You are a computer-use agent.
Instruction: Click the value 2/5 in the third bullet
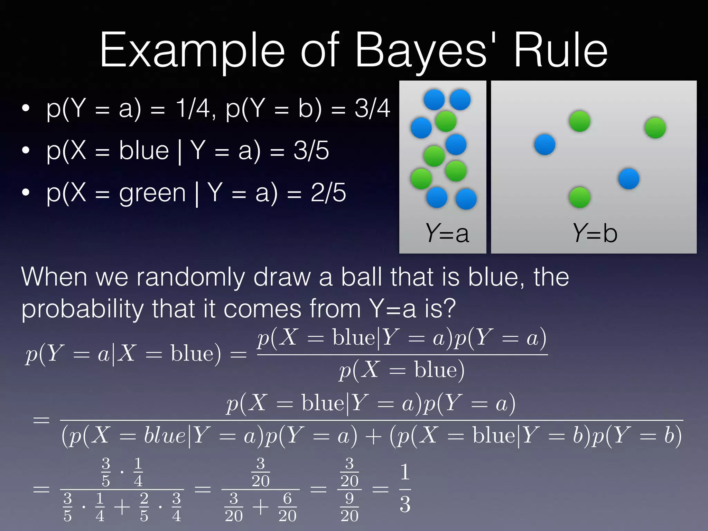tap(328, 193)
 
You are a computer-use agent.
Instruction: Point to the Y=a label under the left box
tap(447, 233)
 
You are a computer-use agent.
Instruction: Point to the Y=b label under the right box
tap(595, 233)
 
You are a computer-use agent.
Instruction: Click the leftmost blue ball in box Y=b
tap(544, 145)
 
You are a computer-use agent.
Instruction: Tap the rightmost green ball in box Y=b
tap(655, 128)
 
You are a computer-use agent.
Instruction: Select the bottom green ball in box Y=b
tap(579, 197)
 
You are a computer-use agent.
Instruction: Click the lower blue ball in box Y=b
tap(628, 179)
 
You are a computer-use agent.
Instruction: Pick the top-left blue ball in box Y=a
tap(434, 100)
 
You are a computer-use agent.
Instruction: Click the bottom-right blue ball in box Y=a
tap(466, 199)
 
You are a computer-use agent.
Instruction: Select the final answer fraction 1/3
tap(405, 488)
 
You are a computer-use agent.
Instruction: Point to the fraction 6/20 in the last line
tap(287, 507)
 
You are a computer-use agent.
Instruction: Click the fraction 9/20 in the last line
tap(349, 507)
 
